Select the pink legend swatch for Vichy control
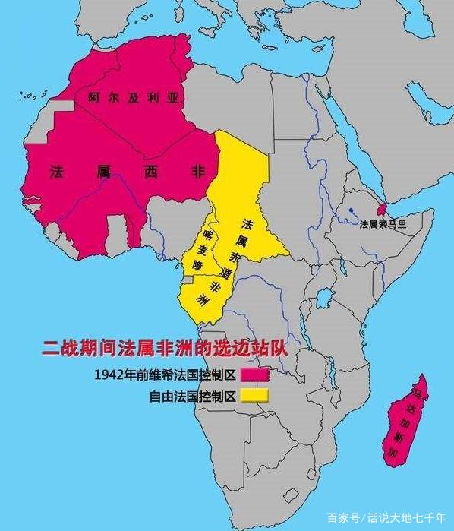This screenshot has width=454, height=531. (x=255, y=375)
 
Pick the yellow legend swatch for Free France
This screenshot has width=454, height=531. (x=255, y=395)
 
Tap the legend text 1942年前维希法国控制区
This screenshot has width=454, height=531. (x=166, y=375)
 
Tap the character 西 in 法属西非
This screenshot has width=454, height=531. (x=149, y=172)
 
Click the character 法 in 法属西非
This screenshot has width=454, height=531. (x=56, y=172)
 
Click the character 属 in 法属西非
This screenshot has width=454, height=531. (x=102, y=172)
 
